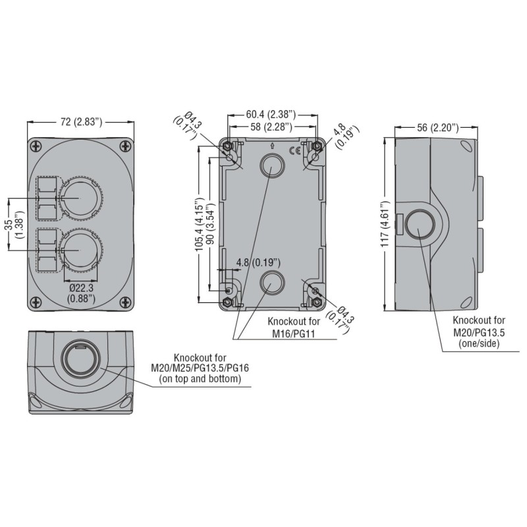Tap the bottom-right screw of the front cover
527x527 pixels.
click(x=125, y=303)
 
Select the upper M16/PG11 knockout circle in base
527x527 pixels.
click(x=271, y=165)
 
